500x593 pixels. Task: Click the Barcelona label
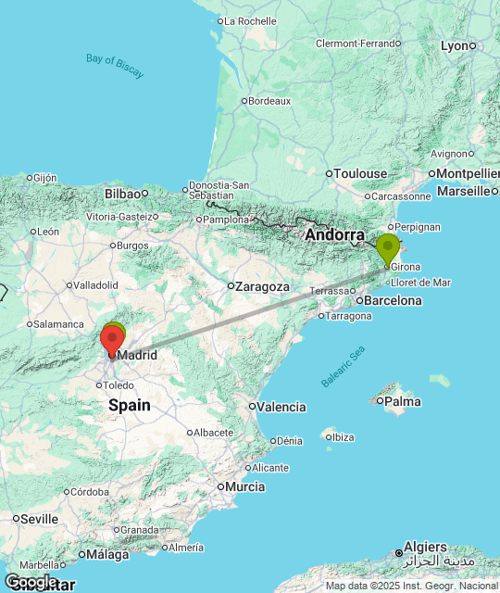[x=393, y=300]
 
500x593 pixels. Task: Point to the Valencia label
[x=281, y=407]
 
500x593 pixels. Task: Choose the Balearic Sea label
[x=344, y=366]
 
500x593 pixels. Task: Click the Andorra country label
[x=334, y=235]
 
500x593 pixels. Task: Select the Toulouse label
[x=360, y=173]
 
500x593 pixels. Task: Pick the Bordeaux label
[x=269, y=101]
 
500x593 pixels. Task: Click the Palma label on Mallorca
[x=402, y=401]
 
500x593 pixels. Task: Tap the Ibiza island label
[x=343, y=437]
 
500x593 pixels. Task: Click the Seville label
[x=39, y=518]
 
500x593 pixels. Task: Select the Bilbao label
[x=122, y=193]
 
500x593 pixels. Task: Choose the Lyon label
[x=455, y=45]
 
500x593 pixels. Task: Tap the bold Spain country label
[x=129, y=405]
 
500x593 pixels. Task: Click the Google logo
[x=31, y=582]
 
